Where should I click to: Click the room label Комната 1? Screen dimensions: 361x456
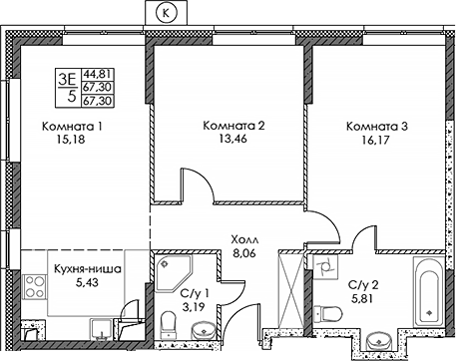click(72, 127)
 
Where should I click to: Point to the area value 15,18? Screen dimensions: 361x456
click(72, 143)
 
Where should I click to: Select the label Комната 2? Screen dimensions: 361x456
click(232, 126)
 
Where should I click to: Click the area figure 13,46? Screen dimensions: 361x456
click(232, 142)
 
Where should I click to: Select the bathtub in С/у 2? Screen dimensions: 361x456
click(429, 290)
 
